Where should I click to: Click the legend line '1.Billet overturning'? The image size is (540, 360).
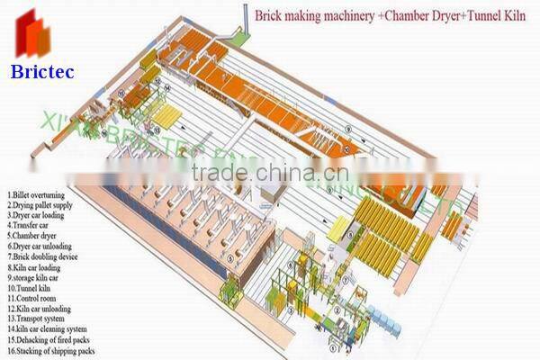point(37,193)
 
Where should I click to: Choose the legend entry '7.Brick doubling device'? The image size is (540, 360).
point(43,256)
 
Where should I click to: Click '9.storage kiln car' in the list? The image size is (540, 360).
point(36,277)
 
